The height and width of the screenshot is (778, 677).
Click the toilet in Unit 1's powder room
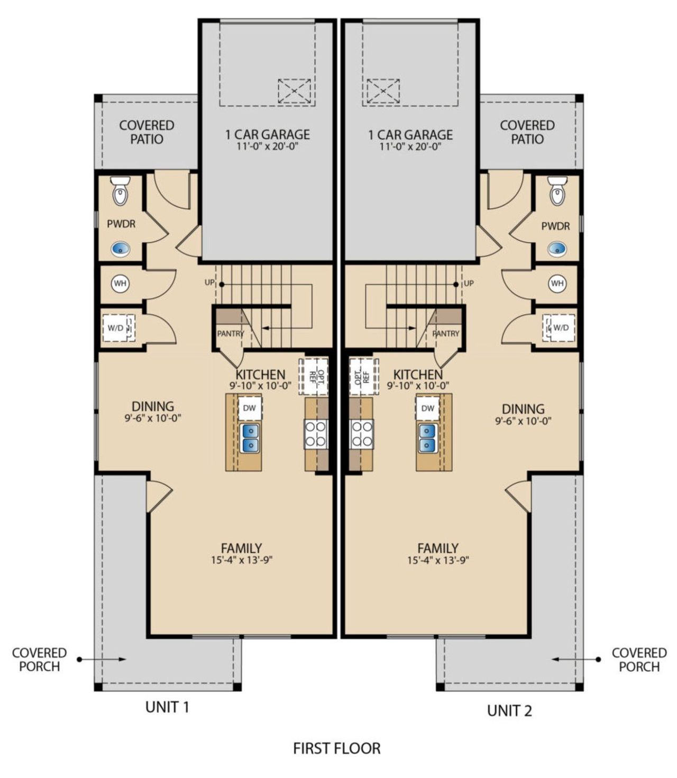121,191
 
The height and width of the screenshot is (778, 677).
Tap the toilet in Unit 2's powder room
557,191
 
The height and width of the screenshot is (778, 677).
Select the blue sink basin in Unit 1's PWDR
121,248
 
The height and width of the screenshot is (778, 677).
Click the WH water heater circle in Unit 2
557,283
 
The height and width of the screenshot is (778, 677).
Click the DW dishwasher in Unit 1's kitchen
250,408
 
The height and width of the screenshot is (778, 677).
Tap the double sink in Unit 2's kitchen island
427,438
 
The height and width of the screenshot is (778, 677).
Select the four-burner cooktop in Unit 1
316,434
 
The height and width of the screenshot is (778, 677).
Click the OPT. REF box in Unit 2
364,376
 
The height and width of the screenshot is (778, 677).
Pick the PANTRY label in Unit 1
230,334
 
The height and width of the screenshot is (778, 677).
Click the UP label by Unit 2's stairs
469,283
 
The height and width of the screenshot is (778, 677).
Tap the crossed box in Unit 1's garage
295,91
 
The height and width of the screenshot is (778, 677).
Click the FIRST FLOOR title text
337,748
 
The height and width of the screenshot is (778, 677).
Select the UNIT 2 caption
509,711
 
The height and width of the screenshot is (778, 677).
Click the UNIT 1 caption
167,707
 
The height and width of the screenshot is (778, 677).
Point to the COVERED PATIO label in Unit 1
147,132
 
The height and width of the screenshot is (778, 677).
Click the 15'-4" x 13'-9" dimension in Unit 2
438,560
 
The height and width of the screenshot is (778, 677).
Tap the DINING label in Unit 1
153,406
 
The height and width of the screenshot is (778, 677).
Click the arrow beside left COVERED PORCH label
103,659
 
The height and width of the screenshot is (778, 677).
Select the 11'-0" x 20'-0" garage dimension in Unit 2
410,147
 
